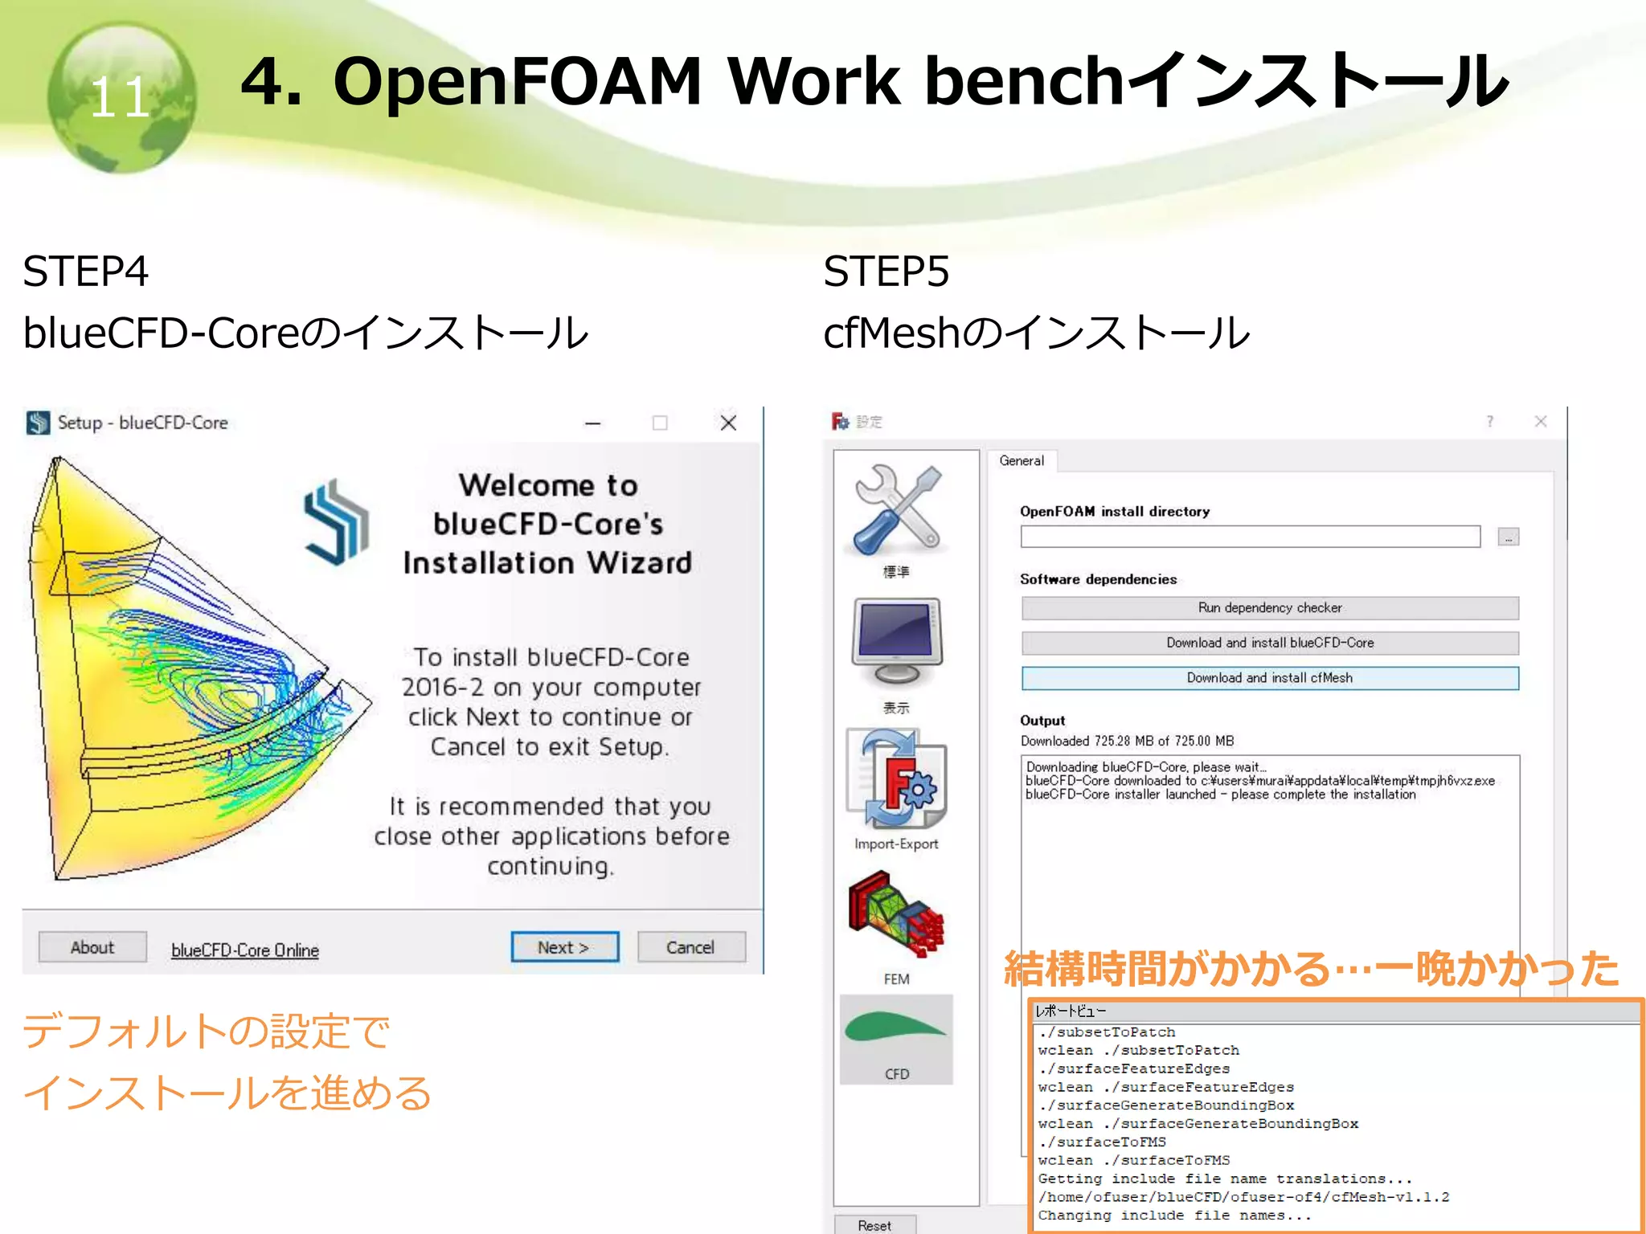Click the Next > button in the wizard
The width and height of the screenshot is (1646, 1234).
(x=564, y=947)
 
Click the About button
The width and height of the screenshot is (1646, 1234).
(x=92, y=947)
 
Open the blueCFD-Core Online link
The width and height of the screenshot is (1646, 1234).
(x=245, y=950)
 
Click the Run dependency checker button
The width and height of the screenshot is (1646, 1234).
(x=1270, y=608)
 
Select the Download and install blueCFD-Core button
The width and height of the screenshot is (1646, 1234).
(x=1270, y=643)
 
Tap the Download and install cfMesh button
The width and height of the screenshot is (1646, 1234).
(x=1270, y=678)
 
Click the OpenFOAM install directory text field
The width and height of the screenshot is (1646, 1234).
(x=1250, y=537)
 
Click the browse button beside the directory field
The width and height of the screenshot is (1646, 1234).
(x=1508, y=537)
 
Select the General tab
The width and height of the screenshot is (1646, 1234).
(x=1022, y=460)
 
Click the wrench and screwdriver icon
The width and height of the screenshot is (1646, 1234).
(x=897, y=511)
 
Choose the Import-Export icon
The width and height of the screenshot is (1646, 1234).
(x=897, y=779)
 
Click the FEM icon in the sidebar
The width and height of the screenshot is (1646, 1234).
(x=897, y=916)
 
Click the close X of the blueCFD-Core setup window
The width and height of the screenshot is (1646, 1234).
(x=728, y=423)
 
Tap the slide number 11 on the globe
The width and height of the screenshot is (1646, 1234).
(x=121, y=98)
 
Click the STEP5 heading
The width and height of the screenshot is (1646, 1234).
(x=886, y=272)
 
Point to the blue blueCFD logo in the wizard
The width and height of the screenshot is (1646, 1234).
(x=336, y=522)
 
